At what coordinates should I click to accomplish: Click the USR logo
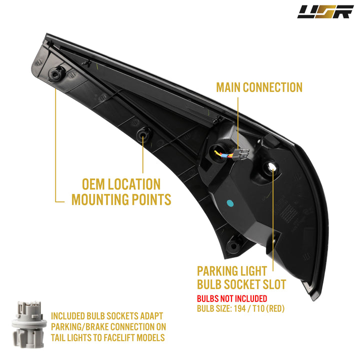325,11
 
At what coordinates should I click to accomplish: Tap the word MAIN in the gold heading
228,87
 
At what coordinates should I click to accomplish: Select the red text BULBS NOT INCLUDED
232,298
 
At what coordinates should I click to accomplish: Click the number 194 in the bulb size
239,308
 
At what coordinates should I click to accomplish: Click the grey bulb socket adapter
29,324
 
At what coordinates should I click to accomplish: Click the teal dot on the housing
230,203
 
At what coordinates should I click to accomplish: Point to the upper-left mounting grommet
56,73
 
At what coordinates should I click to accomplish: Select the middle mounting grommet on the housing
143,135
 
